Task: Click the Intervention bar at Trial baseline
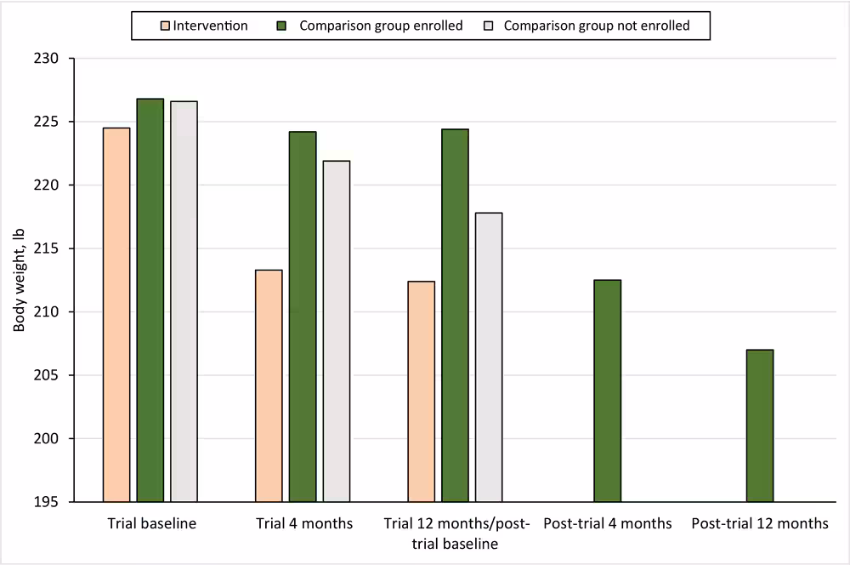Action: pos(116,315)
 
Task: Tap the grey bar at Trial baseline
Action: pos(184,301)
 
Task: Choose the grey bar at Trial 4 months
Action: pos(336,331)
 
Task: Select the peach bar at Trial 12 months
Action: pos(421,391)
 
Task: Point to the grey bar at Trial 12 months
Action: pos(489,357)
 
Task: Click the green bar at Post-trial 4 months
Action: pos(607,391)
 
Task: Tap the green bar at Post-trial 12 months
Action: pos(760,425)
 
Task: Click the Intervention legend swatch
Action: pos(166,26)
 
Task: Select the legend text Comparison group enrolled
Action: pos(381,26)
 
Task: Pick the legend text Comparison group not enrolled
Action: pos(597,26)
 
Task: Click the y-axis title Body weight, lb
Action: pos(18,280)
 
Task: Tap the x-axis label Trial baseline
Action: pos(152,524)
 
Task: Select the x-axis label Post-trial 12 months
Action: pos(760,524)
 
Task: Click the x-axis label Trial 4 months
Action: pos(304,524)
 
